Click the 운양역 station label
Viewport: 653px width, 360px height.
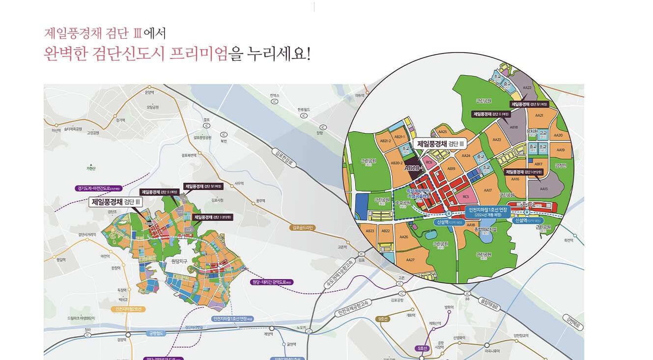[150, 92]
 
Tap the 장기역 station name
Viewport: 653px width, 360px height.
[120, 120]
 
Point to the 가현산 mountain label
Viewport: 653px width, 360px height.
[91, 168]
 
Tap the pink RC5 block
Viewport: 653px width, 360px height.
[466, 196]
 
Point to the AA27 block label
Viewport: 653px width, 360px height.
[410, 260]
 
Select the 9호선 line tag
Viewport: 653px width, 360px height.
[383, 319]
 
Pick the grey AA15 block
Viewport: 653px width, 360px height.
[543, 188]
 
